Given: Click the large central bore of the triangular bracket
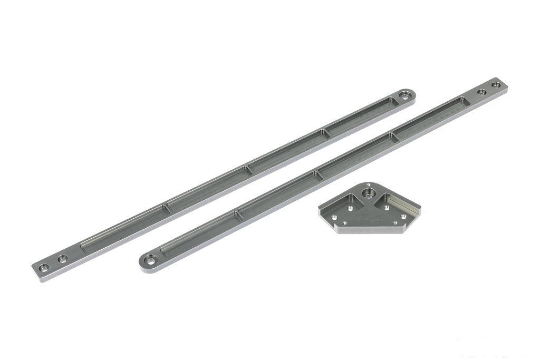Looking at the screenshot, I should click(x=370, y=188).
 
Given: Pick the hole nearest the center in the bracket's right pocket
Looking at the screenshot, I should click(x=388, y=207).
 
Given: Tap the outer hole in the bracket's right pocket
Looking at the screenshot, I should click(x=403, y=215).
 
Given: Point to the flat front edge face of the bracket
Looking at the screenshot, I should click(x=369, y=229).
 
